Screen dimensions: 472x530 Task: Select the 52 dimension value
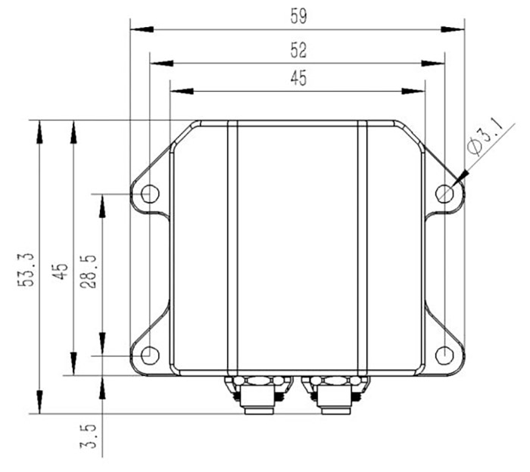298,50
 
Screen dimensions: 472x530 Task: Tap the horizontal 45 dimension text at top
298,79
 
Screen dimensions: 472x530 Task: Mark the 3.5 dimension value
89,437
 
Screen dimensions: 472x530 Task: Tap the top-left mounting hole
149,194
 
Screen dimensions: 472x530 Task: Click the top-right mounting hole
445,194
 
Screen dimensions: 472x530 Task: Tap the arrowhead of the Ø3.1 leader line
460,177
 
